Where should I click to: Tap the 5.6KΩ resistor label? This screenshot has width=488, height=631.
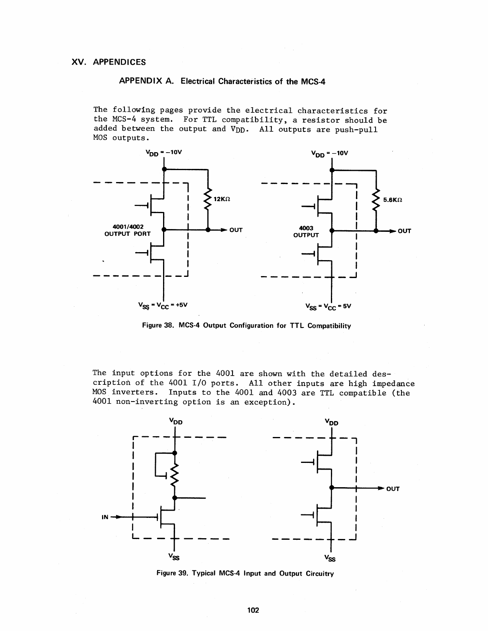click(392, 200)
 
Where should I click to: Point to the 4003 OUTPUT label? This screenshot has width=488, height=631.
click(306, 231)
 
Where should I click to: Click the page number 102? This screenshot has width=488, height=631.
click(253, 610)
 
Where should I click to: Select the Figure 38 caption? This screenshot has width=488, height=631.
click(247, 326)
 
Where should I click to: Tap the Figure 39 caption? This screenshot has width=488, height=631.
click(245, 574)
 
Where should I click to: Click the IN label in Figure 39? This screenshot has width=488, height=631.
click(105, 517)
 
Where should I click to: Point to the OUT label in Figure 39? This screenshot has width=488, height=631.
click(393, 489)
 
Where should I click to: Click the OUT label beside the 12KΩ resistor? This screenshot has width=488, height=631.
click(236, 230)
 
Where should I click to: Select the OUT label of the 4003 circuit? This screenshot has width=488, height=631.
click(404, 231)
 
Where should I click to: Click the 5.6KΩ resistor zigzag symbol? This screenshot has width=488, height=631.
click(376, 200)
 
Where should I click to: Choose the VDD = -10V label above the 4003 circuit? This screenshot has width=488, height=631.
click(329, 153)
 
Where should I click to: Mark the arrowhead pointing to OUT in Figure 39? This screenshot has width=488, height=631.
click(381, 488)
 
